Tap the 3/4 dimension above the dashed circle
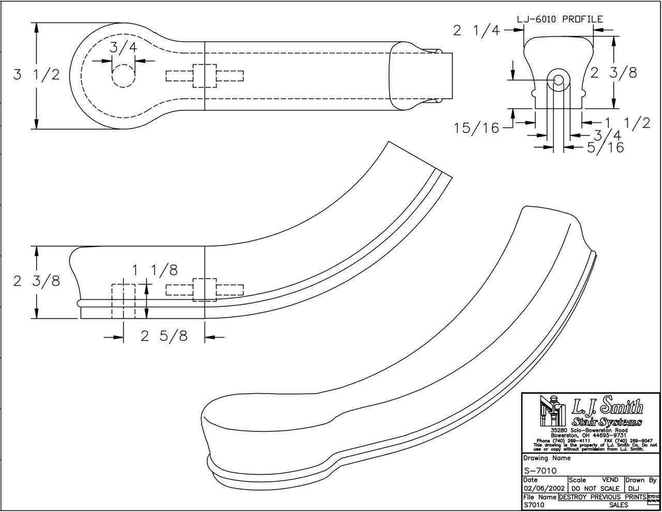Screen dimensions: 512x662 [123, 48]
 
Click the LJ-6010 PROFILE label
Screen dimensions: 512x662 [560, 19]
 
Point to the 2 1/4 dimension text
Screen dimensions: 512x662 [476, 31]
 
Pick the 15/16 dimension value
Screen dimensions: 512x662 [476, 127]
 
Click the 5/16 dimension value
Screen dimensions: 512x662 [605, 148]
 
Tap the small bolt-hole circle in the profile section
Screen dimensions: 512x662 [559, 80]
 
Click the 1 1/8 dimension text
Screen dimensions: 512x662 [154, 270]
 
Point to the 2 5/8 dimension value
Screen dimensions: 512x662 [164, 337]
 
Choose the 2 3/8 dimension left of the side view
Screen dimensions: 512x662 [36, 281]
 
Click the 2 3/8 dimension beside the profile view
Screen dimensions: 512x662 [613, 72]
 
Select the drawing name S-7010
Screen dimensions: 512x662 [540, 471]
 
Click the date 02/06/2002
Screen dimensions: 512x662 [544, 488]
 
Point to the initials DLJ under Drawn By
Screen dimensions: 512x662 [634, 488]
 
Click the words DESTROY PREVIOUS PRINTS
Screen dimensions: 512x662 [603, 496]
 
